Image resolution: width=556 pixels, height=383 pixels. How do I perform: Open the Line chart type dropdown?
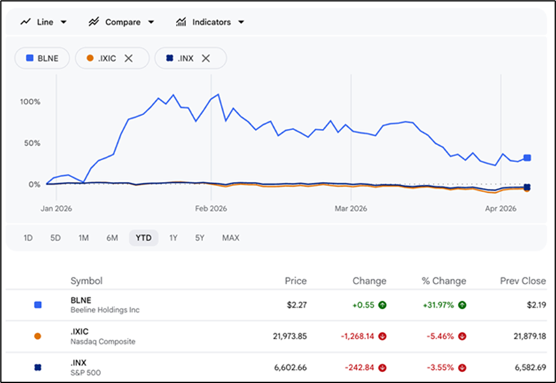tap(44, 22)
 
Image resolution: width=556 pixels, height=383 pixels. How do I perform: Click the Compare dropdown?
tap(121, 22)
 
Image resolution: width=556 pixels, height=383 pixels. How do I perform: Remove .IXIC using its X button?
tap(128, 59)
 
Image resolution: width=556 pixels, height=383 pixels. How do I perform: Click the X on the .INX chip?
tap(206, 59)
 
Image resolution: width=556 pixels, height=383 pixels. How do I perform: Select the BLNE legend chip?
tap(42, 59)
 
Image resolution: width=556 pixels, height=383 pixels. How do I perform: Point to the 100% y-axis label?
tap(31, 102)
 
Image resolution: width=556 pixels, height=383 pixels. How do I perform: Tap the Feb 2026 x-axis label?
tap(211, 209)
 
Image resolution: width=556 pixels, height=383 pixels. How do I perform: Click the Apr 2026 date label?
tap(501, 209)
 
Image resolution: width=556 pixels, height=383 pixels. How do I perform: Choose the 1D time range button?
tap(28, 238)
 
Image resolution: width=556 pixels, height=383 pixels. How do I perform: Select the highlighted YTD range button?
tap(144, 238)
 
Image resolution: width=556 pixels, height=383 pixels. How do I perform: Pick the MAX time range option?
tap(230, 238)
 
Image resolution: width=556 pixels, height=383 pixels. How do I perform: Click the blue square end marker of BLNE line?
tap(527, 158)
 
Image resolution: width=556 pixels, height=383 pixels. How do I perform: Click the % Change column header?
tap(444, 281)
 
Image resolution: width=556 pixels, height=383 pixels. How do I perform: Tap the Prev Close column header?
tap(523, 281)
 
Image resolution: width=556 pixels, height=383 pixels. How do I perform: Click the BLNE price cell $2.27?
tap(296, 305)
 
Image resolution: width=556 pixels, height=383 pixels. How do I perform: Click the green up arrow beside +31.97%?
tap(462, 305)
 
